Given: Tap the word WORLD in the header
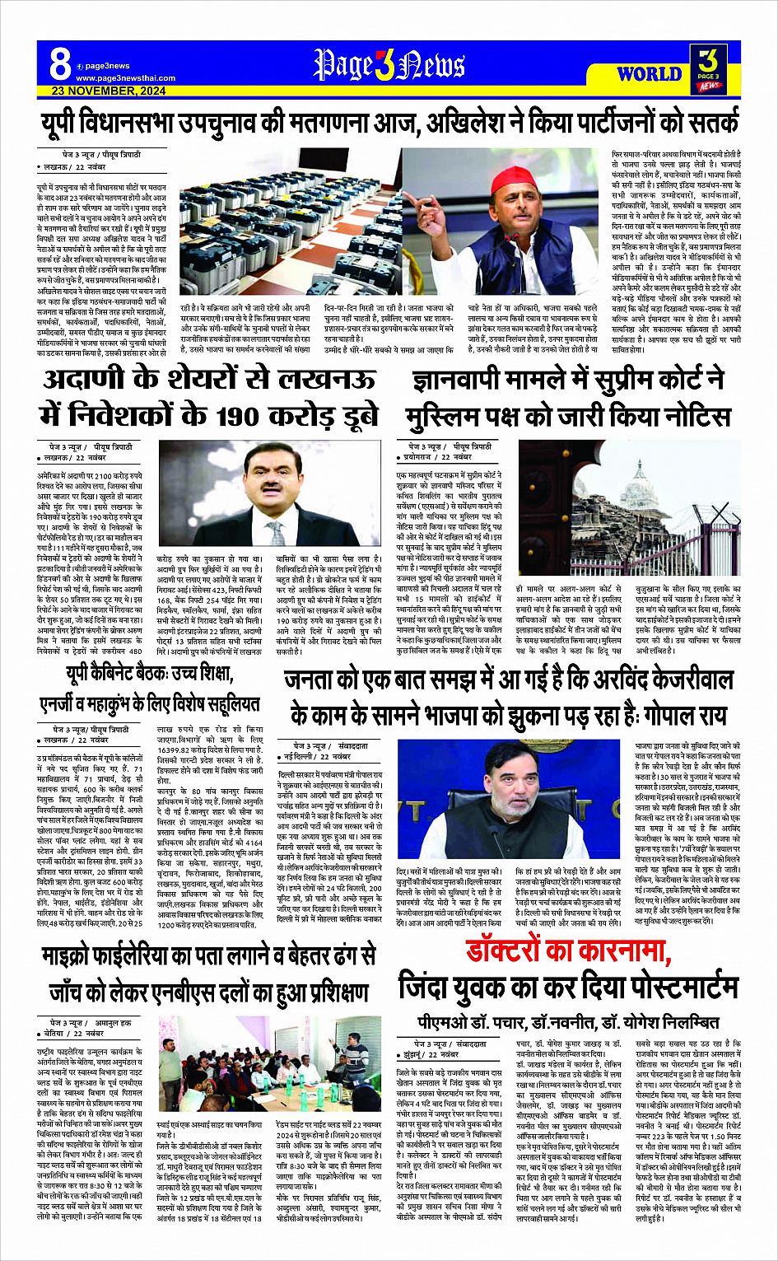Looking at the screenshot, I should pyautogui.click(x=649, y=74).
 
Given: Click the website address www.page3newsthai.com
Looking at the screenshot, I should pyautogui.click(x=126, y=78).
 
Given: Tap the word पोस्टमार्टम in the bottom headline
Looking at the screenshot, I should pyautogui.click(x=659, y=986).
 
